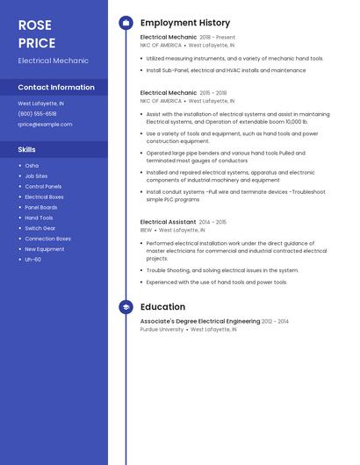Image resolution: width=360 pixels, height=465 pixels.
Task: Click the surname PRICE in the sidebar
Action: [36, 43]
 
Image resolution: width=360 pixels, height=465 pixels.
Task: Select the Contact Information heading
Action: [56, 88]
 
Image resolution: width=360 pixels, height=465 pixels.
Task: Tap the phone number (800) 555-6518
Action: [37, 114]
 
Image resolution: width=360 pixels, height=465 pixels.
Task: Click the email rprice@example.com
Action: [45, 125]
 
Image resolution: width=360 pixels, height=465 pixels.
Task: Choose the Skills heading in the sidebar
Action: [26, 150]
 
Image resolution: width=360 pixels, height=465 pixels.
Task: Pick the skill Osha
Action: [32, 166]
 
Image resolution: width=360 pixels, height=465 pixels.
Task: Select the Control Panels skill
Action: [43, 187]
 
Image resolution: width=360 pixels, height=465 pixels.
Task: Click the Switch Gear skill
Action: [40, 228]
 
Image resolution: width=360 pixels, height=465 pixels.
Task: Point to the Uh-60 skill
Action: [32, 260]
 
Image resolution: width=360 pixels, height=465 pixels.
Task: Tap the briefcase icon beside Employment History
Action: [126, 23]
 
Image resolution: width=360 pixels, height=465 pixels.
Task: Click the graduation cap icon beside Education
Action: [126, 307]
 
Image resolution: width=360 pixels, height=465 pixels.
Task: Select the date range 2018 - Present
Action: [218, 38]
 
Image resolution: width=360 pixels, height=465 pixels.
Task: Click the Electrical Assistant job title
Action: [168, 222]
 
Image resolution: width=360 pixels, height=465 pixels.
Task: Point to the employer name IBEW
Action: [147, 230]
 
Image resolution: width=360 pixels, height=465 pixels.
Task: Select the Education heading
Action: [162, 307]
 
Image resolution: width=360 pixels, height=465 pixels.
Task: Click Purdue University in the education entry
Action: [162, 330]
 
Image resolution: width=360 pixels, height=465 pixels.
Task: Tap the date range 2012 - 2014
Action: [275, 322]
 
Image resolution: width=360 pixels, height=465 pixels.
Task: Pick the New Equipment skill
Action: [44, 249]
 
